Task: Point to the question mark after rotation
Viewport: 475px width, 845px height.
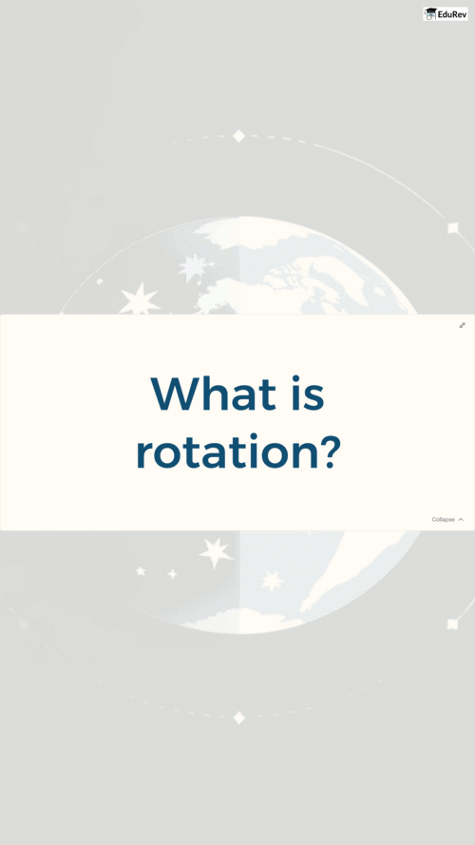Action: [327, 450]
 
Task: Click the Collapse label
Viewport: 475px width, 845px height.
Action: [444, 520]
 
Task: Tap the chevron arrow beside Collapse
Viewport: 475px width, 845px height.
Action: [461, 520]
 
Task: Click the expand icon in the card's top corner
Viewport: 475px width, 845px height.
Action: [462, 325]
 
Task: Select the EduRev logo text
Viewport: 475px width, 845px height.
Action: [452, 14]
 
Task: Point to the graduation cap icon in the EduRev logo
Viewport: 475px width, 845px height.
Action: [430, 13]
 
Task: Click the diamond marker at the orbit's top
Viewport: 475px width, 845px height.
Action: [238, 136]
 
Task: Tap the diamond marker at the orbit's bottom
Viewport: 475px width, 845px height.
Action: [239, 718]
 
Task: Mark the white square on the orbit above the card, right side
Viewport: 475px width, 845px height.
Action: [453, 228]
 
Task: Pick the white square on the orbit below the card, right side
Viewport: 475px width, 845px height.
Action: [453, 624]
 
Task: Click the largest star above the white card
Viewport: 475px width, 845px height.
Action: [140, 299]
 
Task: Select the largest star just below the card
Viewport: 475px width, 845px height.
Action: [216, 552]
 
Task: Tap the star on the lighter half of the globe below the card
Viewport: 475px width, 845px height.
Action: [273, 581]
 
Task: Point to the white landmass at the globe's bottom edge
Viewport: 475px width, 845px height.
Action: [242, 620]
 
